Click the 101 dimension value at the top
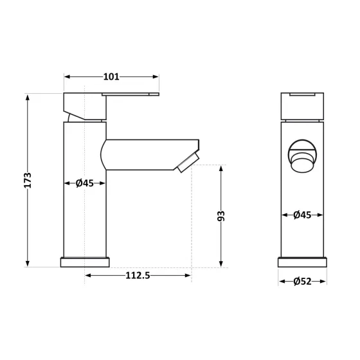[111, 77]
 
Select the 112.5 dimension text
[137, 276]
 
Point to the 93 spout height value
[221, 216]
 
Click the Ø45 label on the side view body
[85, 183]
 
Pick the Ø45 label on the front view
[302, 215]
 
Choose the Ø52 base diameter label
[302, 281]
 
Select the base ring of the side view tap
[85, 262]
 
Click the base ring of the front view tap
[302, 262]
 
